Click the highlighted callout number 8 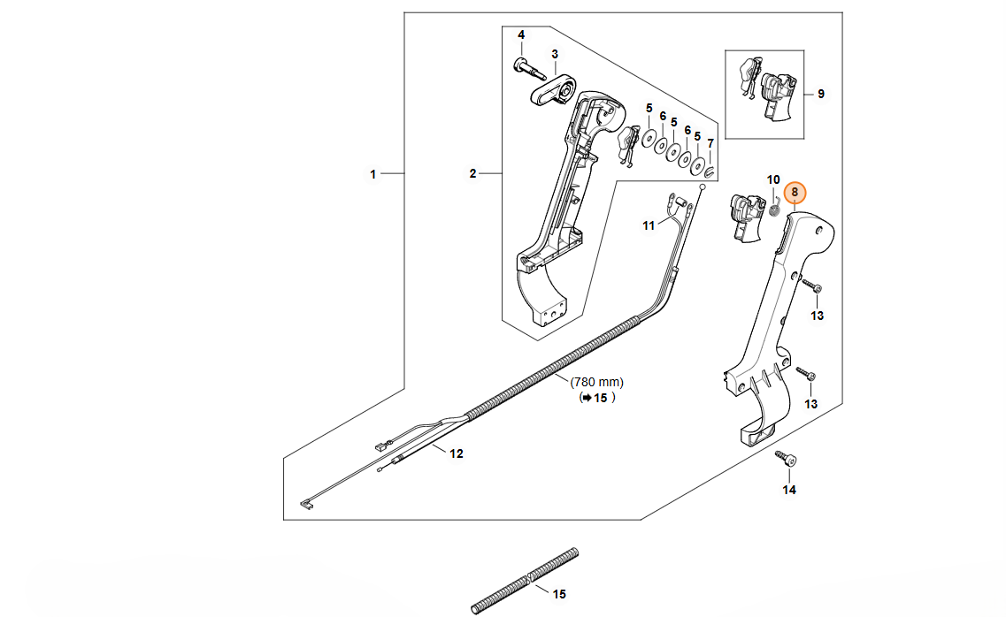click(x=795, y=192)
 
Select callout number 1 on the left click(x=372, y=174)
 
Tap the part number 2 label click(x=472, y=174)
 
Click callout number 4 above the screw click(x=521, y=34)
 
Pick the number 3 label click(x=555, y=54)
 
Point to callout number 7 click(x=710, y=142)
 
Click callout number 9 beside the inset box click(x=820, y=94)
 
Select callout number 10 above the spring click(x=773, y=179)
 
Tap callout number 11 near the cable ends click(x=649, y=226)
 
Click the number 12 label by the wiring click(x=457, y=454)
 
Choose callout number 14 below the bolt click(x=789, y=490)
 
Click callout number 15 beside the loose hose click(x=558, y=594)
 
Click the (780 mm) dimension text click(x=597, y=382)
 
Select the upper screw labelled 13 click(x=812, y=287)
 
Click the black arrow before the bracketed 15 click(x=584, y=399)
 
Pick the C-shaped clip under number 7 click(x=710, y=169)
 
